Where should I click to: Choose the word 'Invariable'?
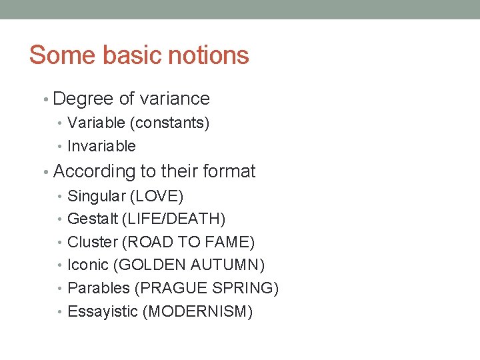tap(101, 147)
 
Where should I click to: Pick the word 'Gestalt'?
tap(93, 219)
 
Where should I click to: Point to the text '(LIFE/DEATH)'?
tap(174, 219)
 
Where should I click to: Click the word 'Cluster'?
tap(93, 242)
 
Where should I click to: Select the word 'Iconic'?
tap(88, 265)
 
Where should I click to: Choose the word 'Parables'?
tap(99, 289)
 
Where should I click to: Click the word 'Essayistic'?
tap(103, 311)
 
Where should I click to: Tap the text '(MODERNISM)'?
tap(197, 311)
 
